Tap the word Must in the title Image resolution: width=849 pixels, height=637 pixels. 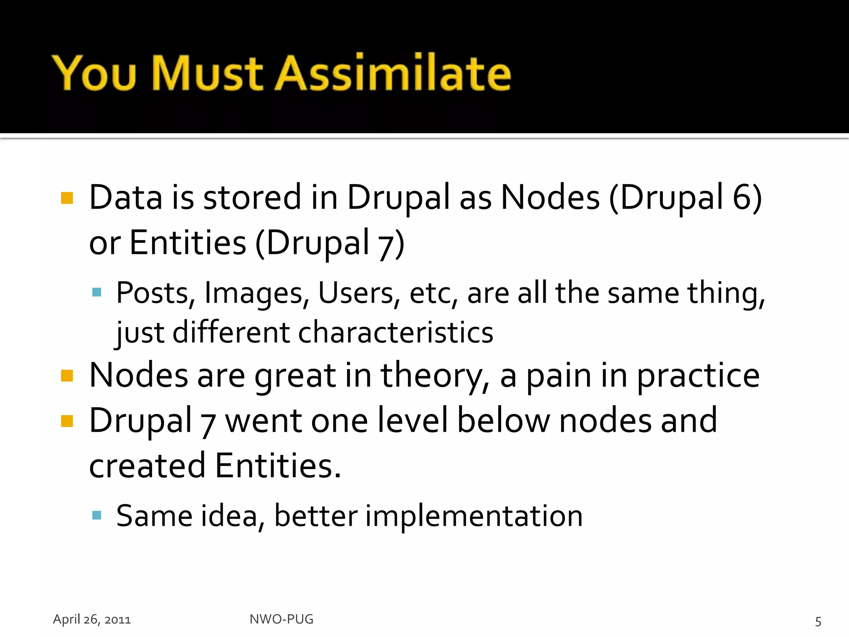tap(207, 73)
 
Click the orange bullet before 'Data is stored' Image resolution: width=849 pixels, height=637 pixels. tap(67, 198)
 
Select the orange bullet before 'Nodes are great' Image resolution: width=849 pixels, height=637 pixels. tap(67, 376)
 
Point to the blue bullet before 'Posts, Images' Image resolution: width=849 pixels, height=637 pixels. tap(97, 293)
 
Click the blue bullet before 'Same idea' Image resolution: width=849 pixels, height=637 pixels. tap(97, 515)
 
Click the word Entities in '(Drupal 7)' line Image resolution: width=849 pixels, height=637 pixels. tap(188, 243)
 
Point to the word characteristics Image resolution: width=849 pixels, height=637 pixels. tap(395, 333)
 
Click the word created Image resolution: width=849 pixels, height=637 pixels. tap(147, 466)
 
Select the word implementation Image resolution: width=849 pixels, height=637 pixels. tap(474, 516)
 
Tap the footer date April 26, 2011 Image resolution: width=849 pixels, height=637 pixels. tap(92, 619)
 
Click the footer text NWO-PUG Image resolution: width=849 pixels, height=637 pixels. tap(281, 619)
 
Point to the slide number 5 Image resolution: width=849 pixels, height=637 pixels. tap(818, 621)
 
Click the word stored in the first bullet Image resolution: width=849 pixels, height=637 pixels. tap(252, 197)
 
